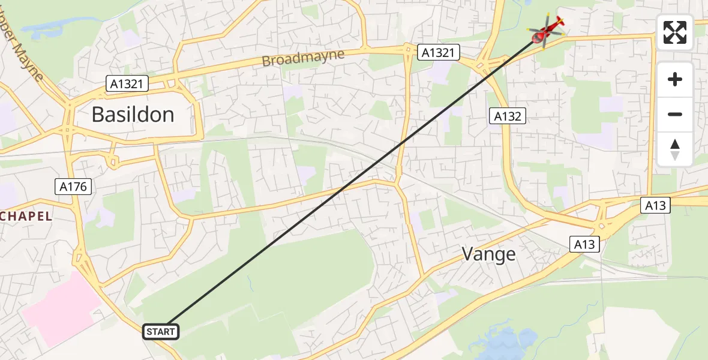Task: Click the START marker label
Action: click(160, 331)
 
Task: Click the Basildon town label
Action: click(133, 114)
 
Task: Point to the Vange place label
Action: click(488, 254)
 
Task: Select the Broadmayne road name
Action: click(303, 58)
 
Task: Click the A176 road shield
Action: click(74, 187)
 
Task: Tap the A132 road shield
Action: click(508, 116)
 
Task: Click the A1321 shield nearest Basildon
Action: click(127, 84)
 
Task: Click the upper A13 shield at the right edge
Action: click(656, 205)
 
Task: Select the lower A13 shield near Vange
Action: click(584, 244)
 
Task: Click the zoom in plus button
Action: click(675, 79)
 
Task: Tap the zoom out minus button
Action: click(675, 114)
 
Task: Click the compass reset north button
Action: click(675, 149)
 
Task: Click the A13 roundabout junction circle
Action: click(602, 226)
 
